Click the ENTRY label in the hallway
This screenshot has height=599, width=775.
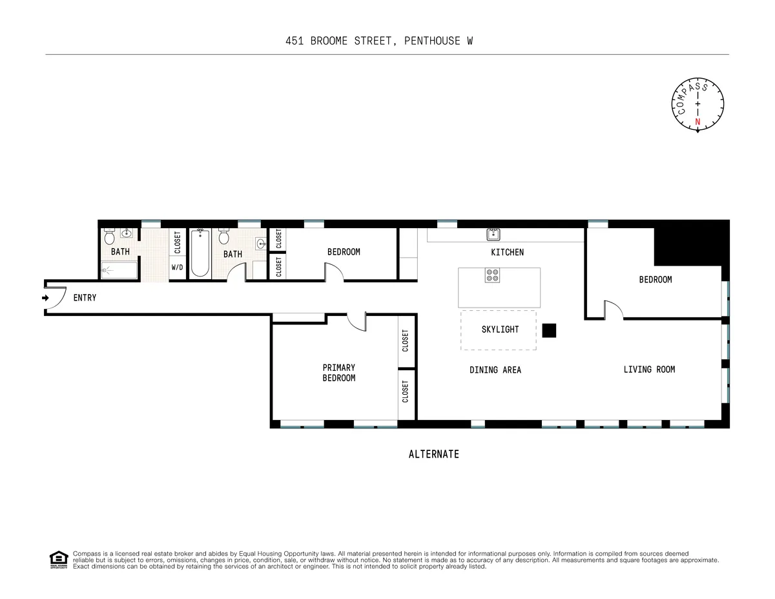point(85,298)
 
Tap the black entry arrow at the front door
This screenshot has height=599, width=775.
point(45,298)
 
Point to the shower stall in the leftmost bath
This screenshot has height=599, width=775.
point(119,270)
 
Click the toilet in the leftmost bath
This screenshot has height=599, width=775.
point(108,237)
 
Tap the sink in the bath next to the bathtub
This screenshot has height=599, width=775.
point(260,244)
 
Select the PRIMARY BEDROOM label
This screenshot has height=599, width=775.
point(338,373)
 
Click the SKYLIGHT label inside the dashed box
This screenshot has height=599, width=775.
point(500,330)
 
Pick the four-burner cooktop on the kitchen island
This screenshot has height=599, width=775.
point(493,276)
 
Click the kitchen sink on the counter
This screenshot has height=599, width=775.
point(494,234)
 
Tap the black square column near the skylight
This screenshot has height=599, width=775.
point(549,331)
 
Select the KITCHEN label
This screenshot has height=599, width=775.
point(507,252)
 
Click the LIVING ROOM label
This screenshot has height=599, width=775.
point(649,370)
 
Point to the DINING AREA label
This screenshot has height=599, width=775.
point(495,370)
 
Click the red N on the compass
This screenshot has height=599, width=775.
point(697,121)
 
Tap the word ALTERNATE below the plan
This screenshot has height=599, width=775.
point(433,454)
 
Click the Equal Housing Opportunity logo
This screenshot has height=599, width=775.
point(59,560)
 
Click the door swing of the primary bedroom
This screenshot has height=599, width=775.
point(356,321)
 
